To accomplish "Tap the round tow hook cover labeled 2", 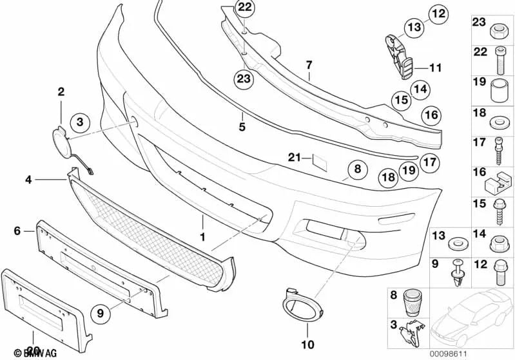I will (x=62, y=139).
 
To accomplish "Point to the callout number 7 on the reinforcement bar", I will (x=309, y=65).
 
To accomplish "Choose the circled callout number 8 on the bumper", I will (x=357, y=170).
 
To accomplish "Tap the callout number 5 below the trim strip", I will (x=242, y=127).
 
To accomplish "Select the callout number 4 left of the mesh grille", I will (x=28, y=180).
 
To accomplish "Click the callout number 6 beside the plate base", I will (x=18, y=229).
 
